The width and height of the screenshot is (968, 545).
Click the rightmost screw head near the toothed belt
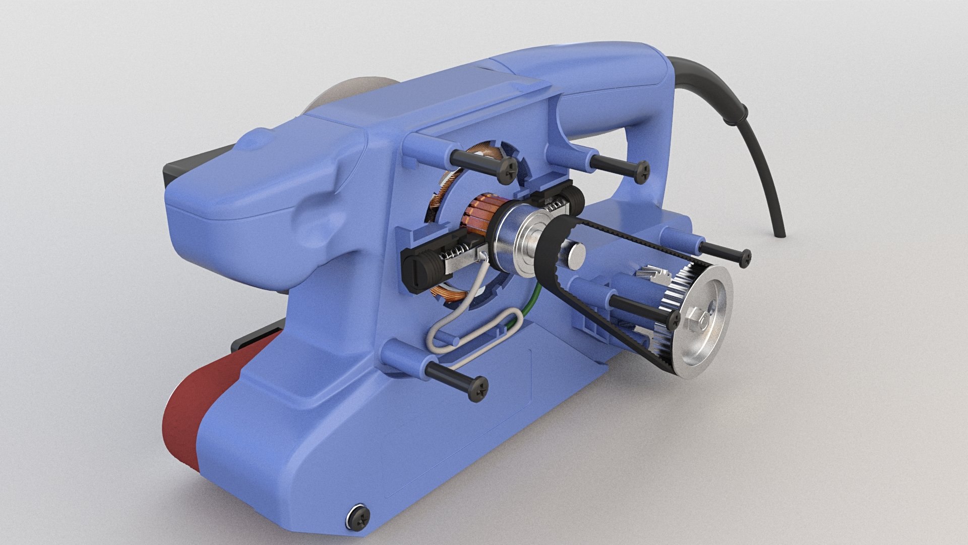tap(743, 257)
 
